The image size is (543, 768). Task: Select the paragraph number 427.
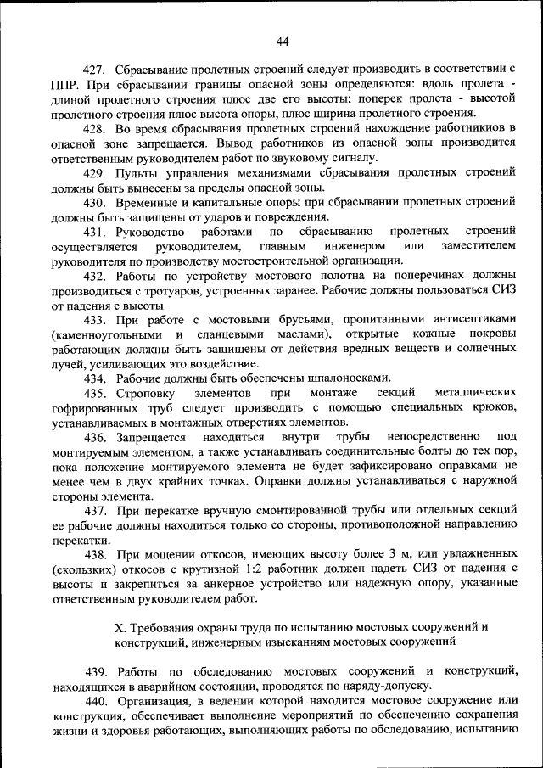(94, 66)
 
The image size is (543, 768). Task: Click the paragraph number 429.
(94, 171)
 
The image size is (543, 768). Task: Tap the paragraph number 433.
(94, 319)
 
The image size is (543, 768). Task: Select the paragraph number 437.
(94, 512)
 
